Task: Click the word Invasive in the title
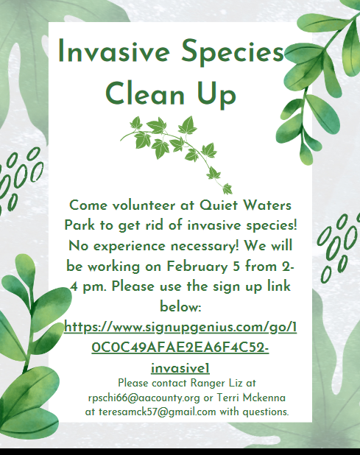pos(113,51)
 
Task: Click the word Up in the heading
pos(216,95)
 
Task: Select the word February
pos(197,267)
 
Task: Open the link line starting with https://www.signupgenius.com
pos(180,328)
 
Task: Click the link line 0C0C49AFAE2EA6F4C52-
pos(180,348)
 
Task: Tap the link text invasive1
pos(180,368)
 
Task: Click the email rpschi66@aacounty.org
pos(144,398)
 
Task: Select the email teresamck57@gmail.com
pos(158,412)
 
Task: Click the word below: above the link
pos(180,307)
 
